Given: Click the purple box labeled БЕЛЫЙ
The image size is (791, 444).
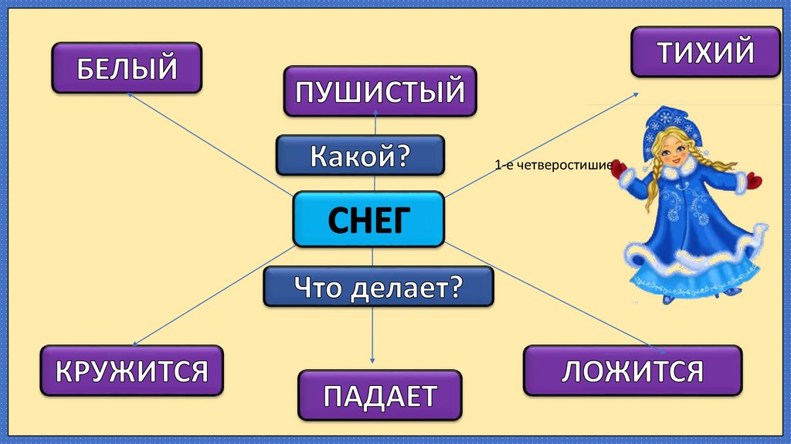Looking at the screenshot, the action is [x=127, y=68].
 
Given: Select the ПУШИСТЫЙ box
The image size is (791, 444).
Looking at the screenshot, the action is [x=379, y=91].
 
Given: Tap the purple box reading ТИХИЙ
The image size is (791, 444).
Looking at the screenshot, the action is [x=705, y=52].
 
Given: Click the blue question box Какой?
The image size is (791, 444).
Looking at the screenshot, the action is [x=360, y=155].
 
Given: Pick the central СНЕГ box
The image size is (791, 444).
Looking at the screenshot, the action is [x=368, y=220].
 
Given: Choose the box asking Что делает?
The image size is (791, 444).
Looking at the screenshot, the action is [x=378, y=287].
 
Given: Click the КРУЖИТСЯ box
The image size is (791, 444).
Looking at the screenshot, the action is [x=131, y=371].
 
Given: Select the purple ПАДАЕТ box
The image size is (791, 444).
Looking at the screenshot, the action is [x=379, y=395].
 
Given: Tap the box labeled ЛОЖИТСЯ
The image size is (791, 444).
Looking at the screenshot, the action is [x=632, y=371].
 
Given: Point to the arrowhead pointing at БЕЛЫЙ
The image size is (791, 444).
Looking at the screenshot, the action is [x=130, y=94].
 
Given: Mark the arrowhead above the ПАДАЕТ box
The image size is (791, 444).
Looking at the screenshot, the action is [x=373, y=360].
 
